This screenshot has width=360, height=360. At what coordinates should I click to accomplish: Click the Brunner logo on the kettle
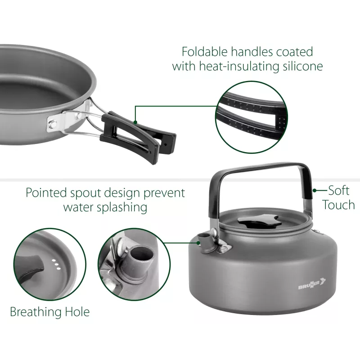[312, 283]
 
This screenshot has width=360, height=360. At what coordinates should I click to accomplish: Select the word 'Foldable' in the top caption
[205, 51]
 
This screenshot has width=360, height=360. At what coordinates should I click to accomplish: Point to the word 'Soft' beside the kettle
[339, 190]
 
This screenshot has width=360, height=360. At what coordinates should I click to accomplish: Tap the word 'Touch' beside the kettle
[339, 205]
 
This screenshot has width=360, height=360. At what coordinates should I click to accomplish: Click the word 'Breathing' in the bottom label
[36, 312]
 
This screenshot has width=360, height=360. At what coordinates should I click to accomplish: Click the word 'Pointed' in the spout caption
[46, 193]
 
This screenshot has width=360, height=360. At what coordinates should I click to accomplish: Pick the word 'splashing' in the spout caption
[122, 207]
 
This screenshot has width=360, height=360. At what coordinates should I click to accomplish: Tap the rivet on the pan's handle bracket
[53, 124]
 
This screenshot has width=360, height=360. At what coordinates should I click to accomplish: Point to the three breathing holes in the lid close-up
[56, 265]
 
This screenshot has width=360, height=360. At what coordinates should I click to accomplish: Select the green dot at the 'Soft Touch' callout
[315, 190]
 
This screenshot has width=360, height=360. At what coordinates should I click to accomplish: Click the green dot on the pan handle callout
[135, 122]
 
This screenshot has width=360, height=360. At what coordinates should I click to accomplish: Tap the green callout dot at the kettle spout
[198, 243]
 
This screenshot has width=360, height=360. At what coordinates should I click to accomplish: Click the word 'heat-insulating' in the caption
[239, 66]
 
